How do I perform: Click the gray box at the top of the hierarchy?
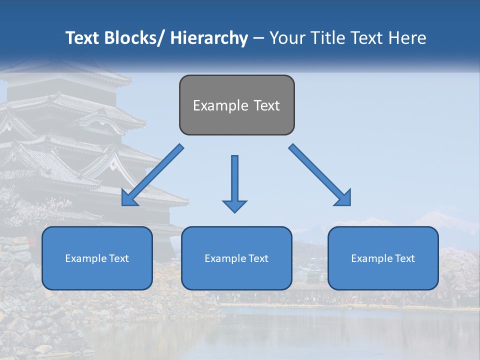pyautogui.click(x=236, y=105)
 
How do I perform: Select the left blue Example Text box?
pyautogui.click(x=97, y=258)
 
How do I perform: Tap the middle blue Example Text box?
pyautogui.click(x=236, y=258)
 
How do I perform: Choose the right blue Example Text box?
pyautogui.click(x=383, y=258)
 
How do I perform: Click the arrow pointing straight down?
pyautogui.click(x=234, y=182)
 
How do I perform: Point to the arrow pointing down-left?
pyautogui.click(x=152, y=175)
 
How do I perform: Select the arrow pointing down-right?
pyautogui.click(x=320, y=175)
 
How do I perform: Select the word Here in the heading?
pyautogui.click(x=407, y=38)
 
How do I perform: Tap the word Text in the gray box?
pyautogui.click(x=266, y=105)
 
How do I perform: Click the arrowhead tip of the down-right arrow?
pyautogui.click(x=349, y=204)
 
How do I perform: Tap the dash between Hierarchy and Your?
pyautogui.click(x=258, y=38)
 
